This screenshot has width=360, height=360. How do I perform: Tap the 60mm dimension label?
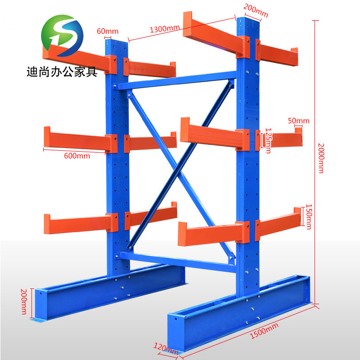point(107,31)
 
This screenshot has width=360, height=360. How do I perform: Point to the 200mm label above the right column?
point(256,10)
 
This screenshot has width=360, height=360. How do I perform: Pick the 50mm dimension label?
point(299,121)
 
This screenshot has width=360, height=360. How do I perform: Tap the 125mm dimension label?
point(268,139)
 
